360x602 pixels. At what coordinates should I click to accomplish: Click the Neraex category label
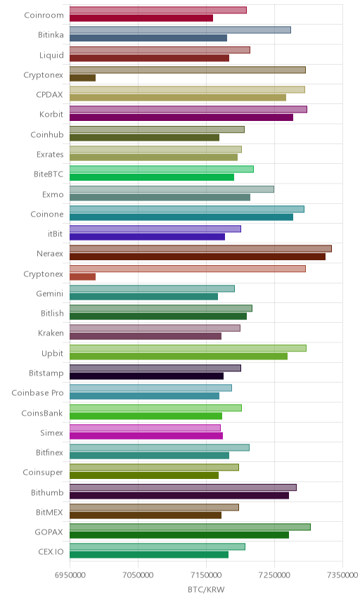pyautogui.click(x=49, y=253)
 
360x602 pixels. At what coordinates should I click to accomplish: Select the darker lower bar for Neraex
pyautogui.click(x=198, y=257)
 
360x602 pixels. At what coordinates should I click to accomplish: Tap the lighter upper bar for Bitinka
pyautogui.click(x=181, y=30)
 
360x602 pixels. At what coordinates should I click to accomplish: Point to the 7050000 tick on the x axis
pyautogui.click(x=139, y=575)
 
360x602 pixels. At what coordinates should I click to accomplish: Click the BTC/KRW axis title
pyautogui.click(x=206, y=589)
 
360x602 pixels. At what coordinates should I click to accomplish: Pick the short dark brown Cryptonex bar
pyautogui.click(x=82, y=77)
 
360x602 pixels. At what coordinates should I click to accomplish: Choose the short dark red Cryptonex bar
pyautogui.click(x=82, y=276)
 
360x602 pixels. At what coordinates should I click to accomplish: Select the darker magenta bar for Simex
pyautogui.click(x=146, y=436)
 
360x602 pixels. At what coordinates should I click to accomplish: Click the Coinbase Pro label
pyautogui.click(x=37, y=392)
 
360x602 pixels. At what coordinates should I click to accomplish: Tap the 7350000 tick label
pyautogui.click(x=342, y=575)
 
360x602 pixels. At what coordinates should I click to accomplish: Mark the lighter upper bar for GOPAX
pyautogui.click(x=190, y=527)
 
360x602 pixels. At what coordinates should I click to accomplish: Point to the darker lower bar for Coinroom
pyautogui.click(x=141, y=18)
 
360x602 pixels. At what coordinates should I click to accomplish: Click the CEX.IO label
pyautogui.click(x=51, y=551)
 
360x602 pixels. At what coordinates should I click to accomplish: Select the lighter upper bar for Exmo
pyautogui.click(x=172, y=189)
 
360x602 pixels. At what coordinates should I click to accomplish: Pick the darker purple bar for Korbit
pyautogui.click(x=181, y=117)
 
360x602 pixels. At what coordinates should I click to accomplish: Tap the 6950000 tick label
pyautogui.click(x=70, y=575)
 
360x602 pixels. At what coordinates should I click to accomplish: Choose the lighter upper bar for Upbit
pyautogui.click(x=188, y=348)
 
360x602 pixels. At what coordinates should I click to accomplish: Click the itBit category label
pyautogui.click(x=55, y=233)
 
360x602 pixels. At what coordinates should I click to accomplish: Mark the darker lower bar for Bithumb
pyautogui.click(x=179, y=495)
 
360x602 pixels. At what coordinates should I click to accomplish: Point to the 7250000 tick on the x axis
pyautogui.click(x=274, y=575)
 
